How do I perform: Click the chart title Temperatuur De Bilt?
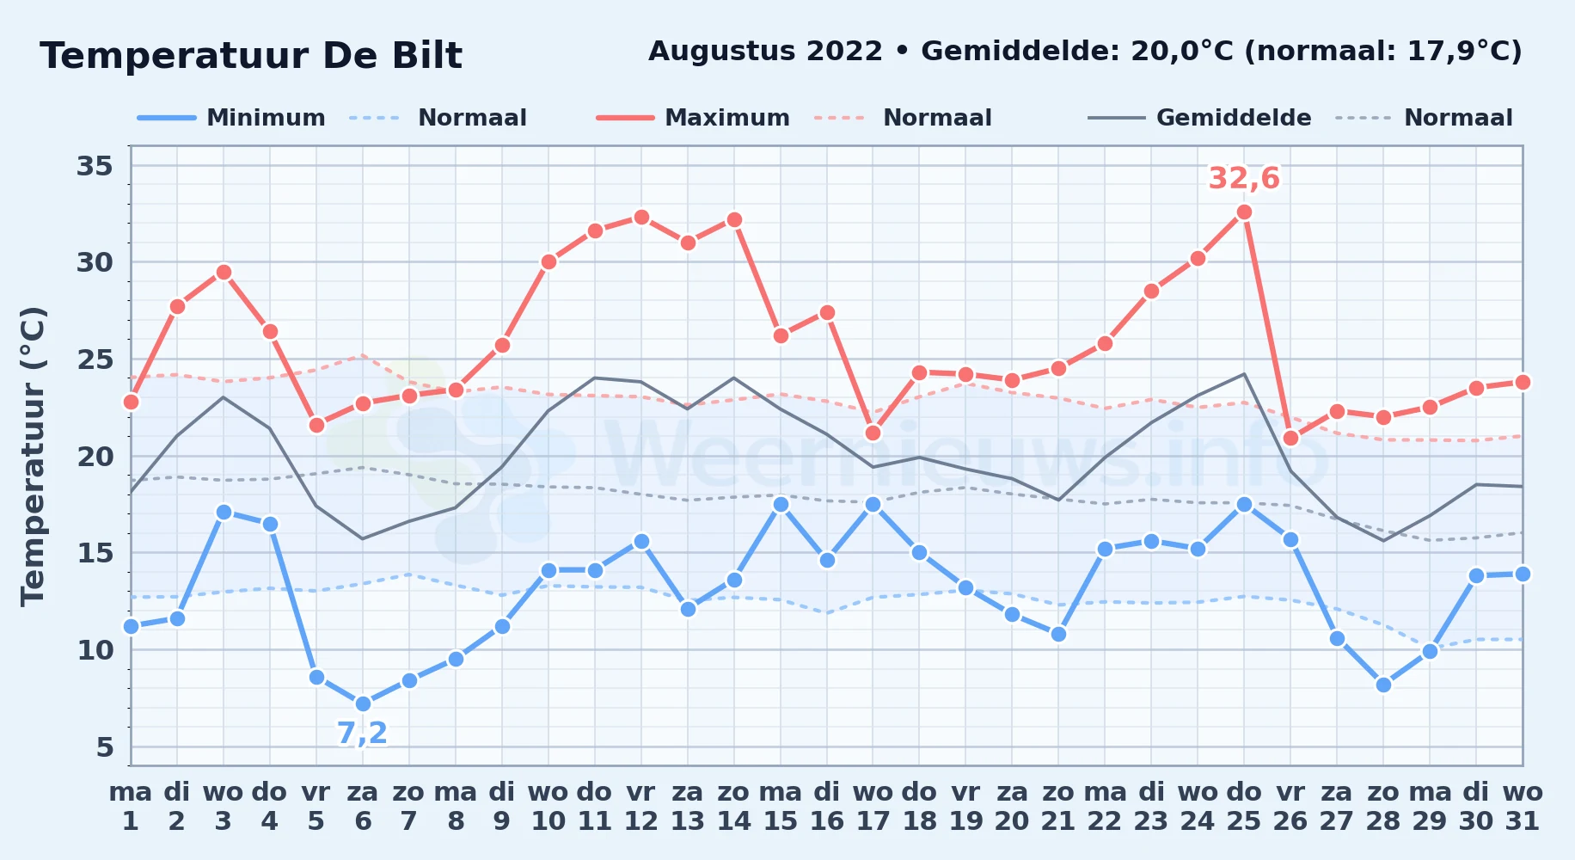(251, 56)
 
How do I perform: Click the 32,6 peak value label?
(1244, 179)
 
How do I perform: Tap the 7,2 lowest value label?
(362, 734)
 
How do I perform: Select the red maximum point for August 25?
(1244, 212)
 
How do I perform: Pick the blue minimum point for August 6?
(363, 703)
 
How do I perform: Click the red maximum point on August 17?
(873, 433)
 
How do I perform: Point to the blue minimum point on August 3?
(224, 512)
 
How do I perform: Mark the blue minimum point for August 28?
(1383, 685)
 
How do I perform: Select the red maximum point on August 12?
(640, 217)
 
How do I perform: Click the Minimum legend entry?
(232, 118)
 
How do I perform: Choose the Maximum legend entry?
(694, 118)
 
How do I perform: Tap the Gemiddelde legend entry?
(1200, 118)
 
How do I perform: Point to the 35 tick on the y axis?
(95, 165)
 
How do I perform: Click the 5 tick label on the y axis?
(105, 746)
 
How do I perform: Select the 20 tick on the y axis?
(95, 456)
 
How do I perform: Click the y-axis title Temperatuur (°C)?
(33, 456)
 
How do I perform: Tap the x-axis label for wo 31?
(1523, 807)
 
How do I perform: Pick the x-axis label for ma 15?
(780, 807)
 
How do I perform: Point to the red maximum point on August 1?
(131, 402)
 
